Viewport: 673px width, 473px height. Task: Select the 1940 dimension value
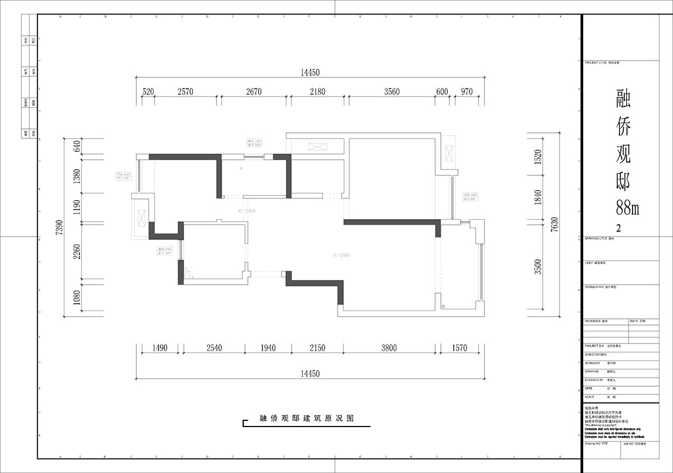(x=268, y=348)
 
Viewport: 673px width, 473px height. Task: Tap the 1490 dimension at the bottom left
(x=160, y=348)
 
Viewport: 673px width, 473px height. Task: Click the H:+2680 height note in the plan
(x=340, y=256)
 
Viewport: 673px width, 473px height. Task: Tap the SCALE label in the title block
(x=589, y=396)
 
